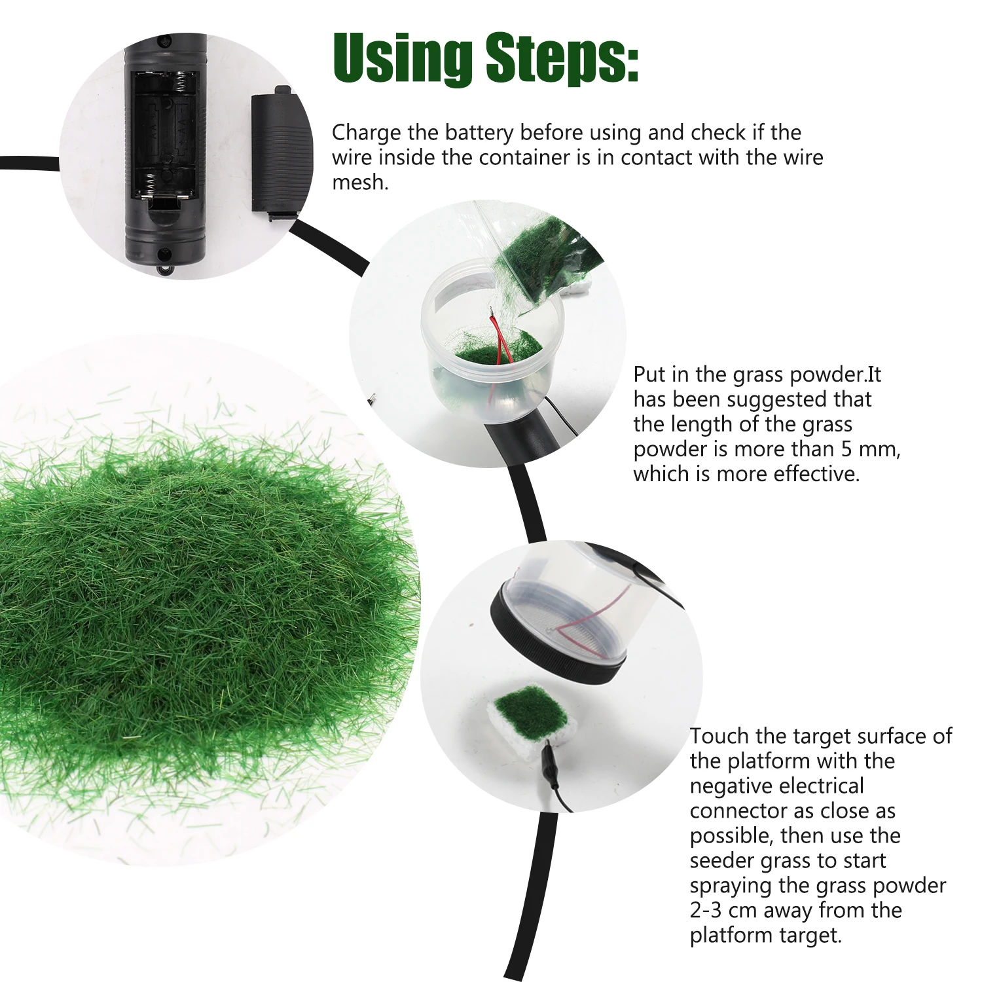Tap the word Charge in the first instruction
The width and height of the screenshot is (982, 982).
pyautogui.click(x=366, y=133)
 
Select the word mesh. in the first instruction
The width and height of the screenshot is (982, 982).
pyautogui.click(x=360, y=183)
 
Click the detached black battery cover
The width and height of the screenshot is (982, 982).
pyautogui.click(x=275, y=155)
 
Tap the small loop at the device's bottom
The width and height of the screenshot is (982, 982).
pyautogui.click(x=164, y=268)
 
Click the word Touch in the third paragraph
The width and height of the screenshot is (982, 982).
pyautogui.click(x=719, y=736)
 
